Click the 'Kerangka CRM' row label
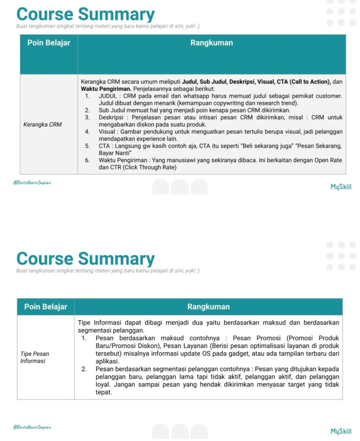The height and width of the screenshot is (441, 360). [x=42, y=124]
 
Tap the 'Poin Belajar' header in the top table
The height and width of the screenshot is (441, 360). [x=49, y=43]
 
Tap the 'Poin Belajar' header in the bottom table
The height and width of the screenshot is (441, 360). [x=46, y=307]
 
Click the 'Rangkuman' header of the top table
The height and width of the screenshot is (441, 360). [x=211, y=43]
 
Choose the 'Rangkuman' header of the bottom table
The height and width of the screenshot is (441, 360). [x=208, y=307]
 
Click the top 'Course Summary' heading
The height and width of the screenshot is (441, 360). [x=86, y=14]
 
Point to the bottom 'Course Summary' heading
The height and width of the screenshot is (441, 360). [x=86, y=259]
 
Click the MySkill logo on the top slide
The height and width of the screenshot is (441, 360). [x=341, y=187]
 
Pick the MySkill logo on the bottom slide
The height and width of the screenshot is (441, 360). [x=341, y=431]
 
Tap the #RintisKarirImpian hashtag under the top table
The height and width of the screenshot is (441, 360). [x=32, y=183]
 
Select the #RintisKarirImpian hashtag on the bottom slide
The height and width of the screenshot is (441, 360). [x=32, y=427]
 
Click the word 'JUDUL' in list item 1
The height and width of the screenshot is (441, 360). [x=108, y=96]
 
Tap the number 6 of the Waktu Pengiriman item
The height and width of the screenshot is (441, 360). [x=87, y=160]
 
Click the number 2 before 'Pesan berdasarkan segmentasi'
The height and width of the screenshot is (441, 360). [x=84, y=369]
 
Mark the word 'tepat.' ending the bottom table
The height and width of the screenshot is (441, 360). [x=104, y=392]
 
